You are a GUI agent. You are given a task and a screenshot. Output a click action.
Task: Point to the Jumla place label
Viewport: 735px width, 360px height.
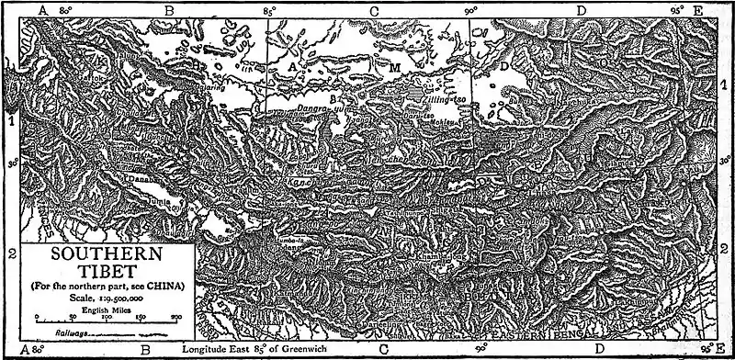click(x=156, y=196)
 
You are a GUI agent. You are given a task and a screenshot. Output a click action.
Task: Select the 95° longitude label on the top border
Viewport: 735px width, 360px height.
click(x=675, y=9)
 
